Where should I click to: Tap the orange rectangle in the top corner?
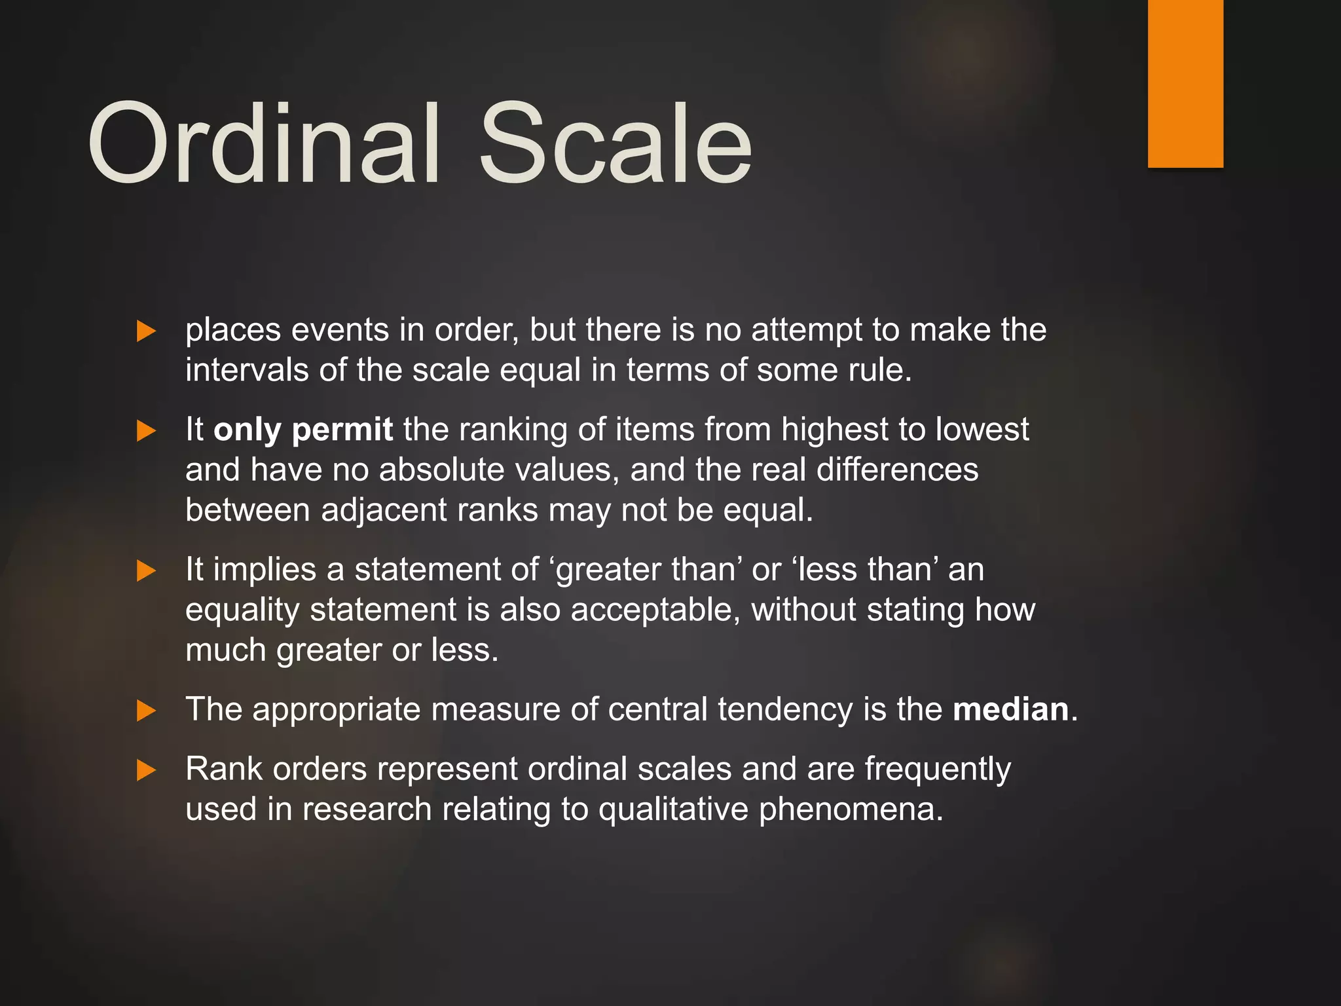pos(1185,83)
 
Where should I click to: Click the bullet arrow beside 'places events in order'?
pos(146,331)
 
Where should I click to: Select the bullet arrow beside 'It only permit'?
pos(146,431)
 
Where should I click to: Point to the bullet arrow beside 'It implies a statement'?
pos(146,570)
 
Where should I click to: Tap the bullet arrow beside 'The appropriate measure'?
pos(146,711)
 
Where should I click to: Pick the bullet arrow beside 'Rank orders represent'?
pos(146,770)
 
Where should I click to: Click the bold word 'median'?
pos(1010,709)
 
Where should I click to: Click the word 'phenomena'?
pos(851,810)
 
